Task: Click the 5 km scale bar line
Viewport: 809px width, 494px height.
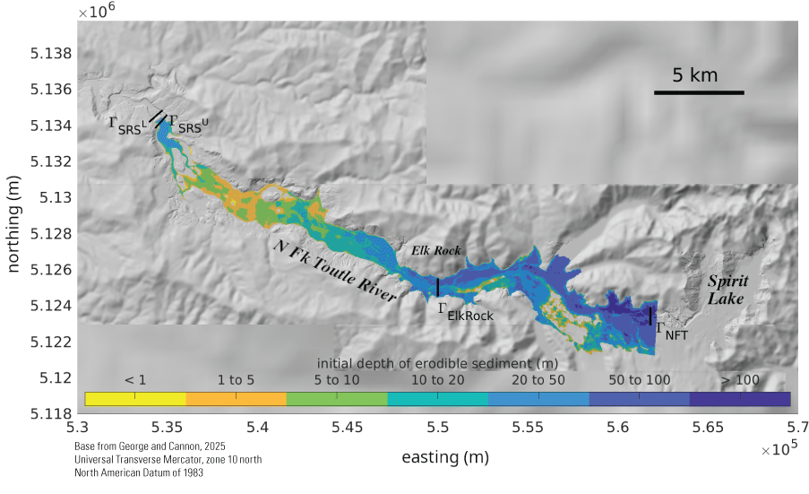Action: click(699, 92)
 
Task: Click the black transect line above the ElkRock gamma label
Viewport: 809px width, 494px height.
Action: click(437, 287)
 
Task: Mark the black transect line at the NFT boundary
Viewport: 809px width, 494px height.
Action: click(650, 316)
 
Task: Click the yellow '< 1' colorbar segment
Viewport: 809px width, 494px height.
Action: click(135, 399)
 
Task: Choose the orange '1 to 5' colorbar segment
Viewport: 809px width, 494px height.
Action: click(236, 399)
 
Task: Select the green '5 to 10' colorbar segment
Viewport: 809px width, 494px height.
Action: click(337, 399)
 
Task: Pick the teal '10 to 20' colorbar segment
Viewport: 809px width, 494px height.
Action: click(438, 399)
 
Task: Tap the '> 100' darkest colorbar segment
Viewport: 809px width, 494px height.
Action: click(740, 399)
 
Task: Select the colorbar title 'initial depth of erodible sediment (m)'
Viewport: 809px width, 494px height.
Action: click(438, 362)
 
